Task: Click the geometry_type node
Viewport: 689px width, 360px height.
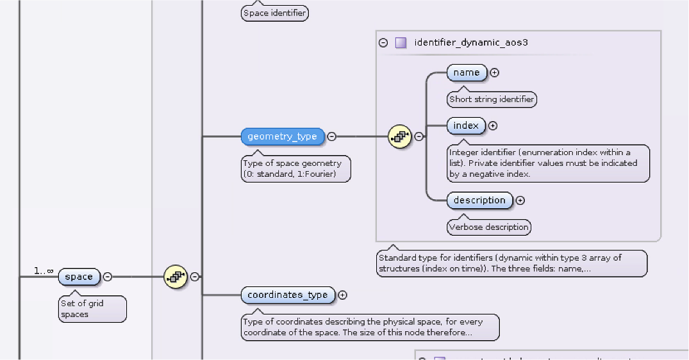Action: coord(282,136)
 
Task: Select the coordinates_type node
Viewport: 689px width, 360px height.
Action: coord(288,295)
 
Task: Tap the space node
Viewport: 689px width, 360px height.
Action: coord(79,277)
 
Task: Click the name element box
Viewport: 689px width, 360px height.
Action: coord(467,72)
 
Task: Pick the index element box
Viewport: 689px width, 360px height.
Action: coord(466,126)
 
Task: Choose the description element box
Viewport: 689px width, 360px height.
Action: coord(479,200)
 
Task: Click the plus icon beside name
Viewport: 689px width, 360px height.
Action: coord(495,72)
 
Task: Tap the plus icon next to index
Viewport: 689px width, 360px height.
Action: coord(493,126)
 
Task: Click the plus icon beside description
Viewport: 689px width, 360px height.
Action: coord(520,200)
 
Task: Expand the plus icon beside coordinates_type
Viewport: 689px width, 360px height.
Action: coord(342,295)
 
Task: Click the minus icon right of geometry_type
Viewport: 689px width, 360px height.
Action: coord(331,136)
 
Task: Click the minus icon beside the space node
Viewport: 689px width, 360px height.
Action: coord(108,277)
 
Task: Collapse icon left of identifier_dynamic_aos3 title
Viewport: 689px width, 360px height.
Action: coord(383,43)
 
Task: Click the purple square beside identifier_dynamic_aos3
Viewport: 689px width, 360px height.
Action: coord(401,43)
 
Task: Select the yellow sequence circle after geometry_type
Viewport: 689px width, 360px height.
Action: coord(399,136)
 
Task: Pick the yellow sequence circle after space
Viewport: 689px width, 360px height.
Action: coord(175,277)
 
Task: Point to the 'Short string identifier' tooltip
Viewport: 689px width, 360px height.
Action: coord(492,99)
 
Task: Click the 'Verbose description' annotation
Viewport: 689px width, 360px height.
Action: coord(489,227)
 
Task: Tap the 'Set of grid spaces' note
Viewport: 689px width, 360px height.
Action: coord(92,309)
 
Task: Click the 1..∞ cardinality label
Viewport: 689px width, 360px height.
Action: coord(44,272)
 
